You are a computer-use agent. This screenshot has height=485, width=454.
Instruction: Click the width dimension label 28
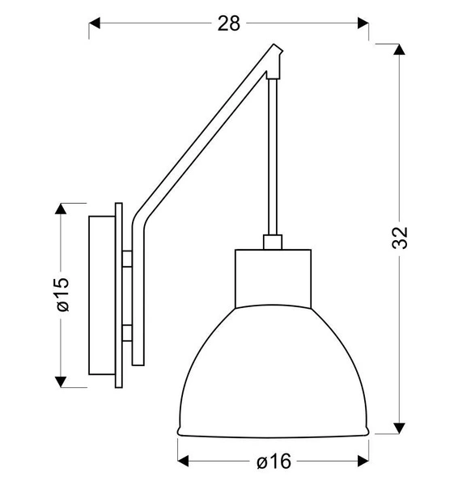[229, 23]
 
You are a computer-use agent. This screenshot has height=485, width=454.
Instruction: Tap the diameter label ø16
[274, 462]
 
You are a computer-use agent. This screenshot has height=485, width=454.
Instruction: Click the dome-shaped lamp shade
[273, 372]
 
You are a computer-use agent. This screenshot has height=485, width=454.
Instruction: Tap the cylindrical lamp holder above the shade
[273, 277]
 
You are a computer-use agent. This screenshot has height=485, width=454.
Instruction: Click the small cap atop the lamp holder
[273, 241]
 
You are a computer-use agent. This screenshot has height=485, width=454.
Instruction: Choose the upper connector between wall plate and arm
[128, 259]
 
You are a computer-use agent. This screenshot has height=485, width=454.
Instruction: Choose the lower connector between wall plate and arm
[128, 331]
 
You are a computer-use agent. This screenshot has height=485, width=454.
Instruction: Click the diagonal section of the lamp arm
[202, 137]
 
